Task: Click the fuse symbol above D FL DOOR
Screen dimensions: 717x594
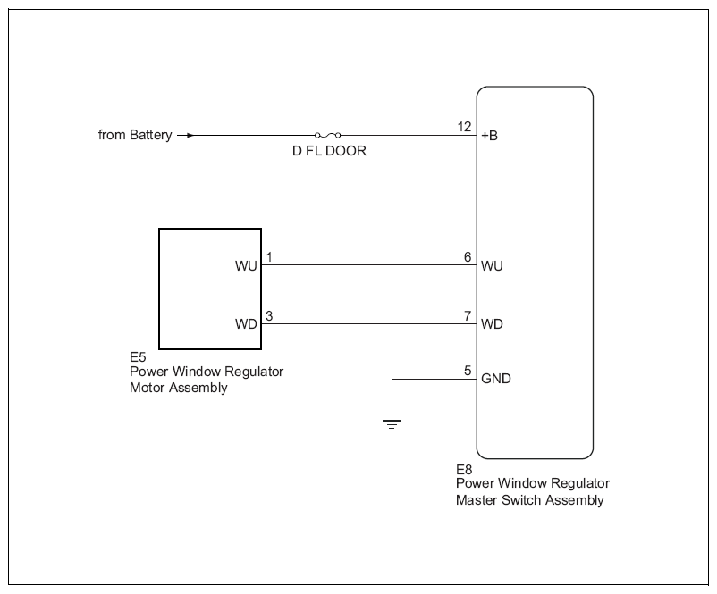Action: coord(328,135)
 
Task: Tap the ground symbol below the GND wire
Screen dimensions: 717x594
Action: coord(392,424)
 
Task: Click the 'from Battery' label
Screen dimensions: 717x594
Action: coord(135,135)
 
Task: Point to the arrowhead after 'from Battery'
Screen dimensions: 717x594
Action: coord(190,135)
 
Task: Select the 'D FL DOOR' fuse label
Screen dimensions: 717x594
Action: coord(329,151)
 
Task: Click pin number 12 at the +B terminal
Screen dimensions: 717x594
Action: coord(464,127)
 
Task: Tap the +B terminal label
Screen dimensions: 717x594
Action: coord(489,136)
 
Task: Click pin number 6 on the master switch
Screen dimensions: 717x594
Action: coord(468,257)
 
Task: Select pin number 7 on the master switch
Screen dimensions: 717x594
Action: coord(468,315)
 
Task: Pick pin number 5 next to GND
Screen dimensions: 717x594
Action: coord(468,370)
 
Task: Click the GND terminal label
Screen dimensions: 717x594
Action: coord(495,379)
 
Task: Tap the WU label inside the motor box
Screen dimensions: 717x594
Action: coord(246,266)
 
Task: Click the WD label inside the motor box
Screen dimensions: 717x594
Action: coord(246,324)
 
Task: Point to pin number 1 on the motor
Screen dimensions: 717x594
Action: coord(269,257)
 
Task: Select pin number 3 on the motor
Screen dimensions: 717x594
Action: coord(269,315)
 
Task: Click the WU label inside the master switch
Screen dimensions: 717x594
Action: coord(492,266)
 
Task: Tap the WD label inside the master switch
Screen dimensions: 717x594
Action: coord(492,324)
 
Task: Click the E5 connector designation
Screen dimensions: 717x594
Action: coord(138,357)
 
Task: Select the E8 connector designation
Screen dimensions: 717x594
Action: coord(464,469)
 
